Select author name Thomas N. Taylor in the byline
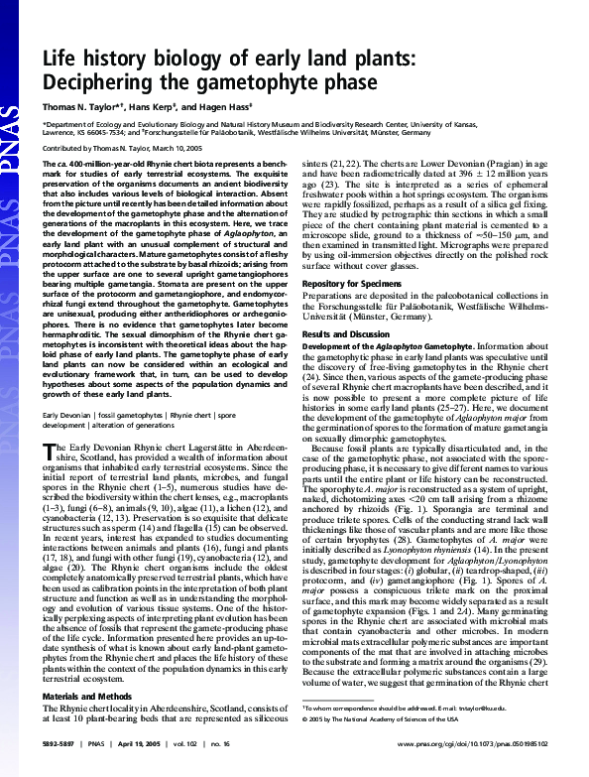[75, 105]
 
